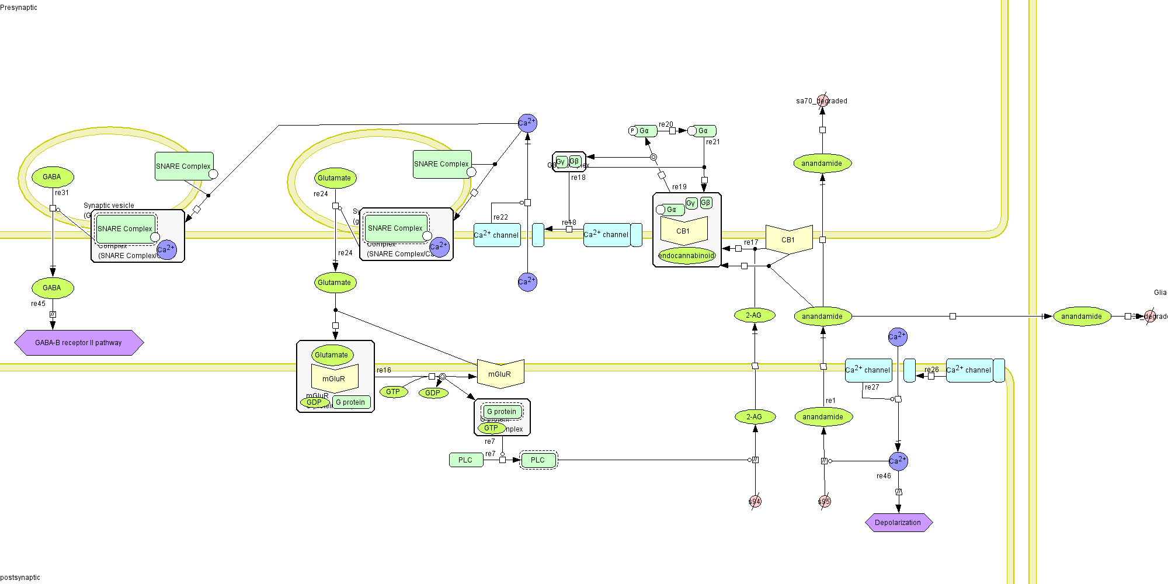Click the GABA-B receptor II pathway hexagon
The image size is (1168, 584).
coord(79,343)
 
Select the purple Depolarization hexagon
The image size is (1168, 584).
coord(898,523)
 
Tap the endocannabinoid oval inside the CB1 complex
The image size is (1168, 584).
coord(686,256)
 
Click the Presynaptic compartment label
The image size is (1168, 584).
coord(19,8)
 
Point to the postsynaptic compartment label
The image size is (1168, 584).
coord(20,578)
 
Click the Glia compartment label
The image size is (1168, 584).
coord(1160,293)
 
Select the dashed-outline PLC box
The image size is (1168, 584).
coord(538,460)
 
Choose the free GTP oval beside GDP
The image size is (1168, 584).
coord(393,392)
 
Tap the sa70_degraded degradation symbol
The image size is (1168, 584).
coord(823,101)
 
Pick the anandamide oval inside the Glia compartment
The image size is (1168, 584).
coord(1082,317)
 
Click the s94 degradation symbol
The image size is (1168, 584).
coord(755,502)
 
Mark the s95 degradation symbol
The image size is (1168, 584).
coord(824,502)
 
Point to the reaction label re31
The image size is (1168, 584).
coord(62,193)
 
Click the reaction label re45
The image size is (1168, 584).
coord(38,304)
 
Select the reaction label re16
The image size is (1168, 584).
coord(384,370)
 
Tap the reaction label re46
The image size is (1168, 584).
coord(884,476)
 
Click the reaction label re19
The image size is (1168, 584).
coord(679,187)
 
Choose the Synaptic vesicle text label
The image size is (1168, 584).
coord(109,206)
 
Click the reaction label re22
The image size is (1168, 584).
coord(500,217)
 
